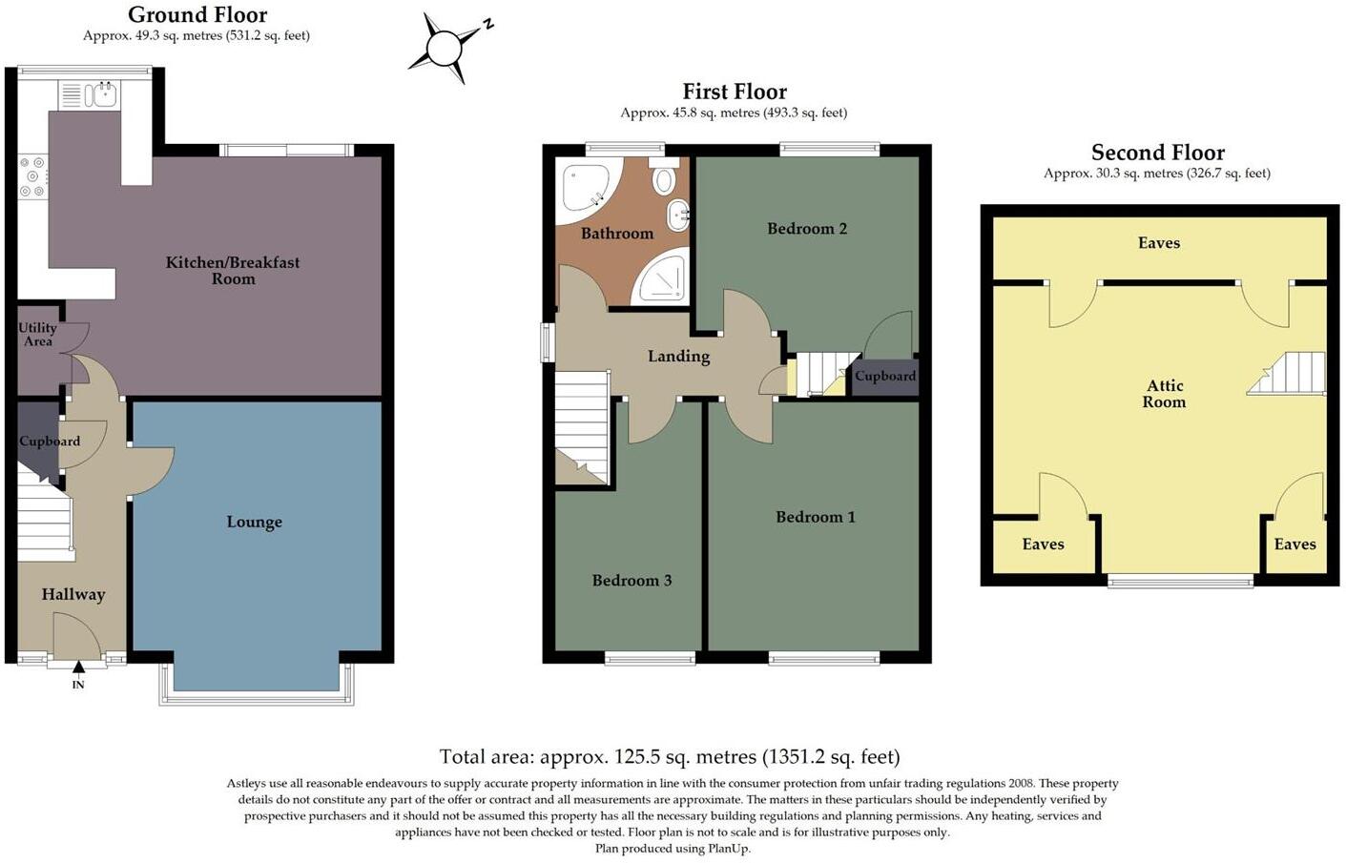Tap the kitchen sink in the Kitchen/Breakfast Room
pyautogui.click(x=101, y=94)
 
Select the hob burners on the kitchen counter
pyautogui.click(x=33, y=176)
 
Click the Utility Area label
pyautogui.click(x=37, y=334)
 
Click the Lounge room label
pyautogui.click(x=254, y=522)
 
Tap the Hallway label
pyautogui.click(x=73, y=594)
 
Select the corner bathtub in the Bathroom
pyautogui.click(x=586, y=187)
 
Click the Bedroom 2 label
pyautogui.click(x=807, y=228)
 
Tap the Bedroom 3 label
pyautogui.click(x=632, y=580)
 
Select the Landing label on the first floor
pyautogui.click(x=678, y=356)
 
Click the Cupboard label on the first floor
pyautogui.click(x=885, y=376)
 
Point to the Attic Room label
pyautogui.click(x=1165, y=393)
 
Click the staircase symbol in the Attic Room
pyautogui.click(x=1290, y=374)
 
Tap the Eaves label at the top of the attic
pyautogui.click(x=1159, y=242)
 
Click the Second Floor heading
pyautogui.click(x=1157, y=153)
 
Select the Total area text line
pyautogui.click(x=669, y=757)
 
